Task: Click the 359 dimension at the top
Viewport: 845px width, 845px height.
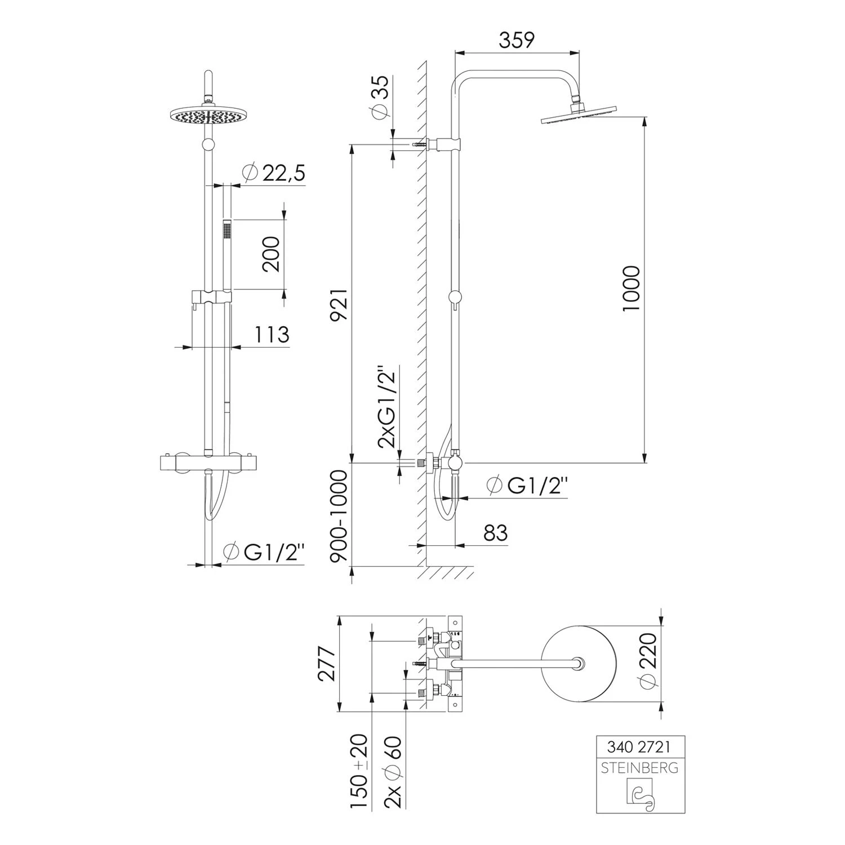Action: (517, 40)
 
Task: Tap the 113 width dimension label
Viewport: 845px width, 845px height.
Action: (272, 335)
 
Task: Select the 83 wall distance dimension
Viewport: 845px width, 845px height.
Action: (495, 532)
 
